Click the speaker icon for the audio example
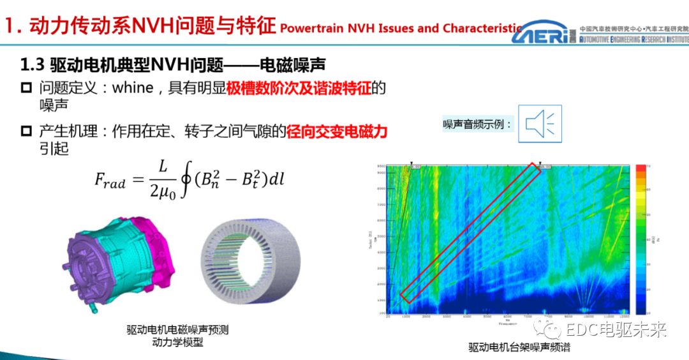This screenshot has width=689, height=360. click(540, 123)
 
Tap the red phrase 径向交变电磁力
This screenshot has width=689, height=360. click(337, 132)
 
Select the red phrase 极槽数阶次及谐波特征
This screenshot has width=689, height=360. click(299, 88)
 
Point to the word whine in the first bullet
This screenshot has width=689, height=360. click(133, 88)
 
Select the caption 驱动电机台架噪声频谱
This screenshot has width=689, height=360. click(511, 347)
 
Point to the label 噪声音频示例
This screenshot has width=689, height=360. click(478, 124)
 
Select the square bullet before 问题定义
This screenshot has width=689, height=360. click(26, 87)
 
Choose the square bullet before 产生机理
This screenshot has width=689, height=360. click(26, 131)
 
